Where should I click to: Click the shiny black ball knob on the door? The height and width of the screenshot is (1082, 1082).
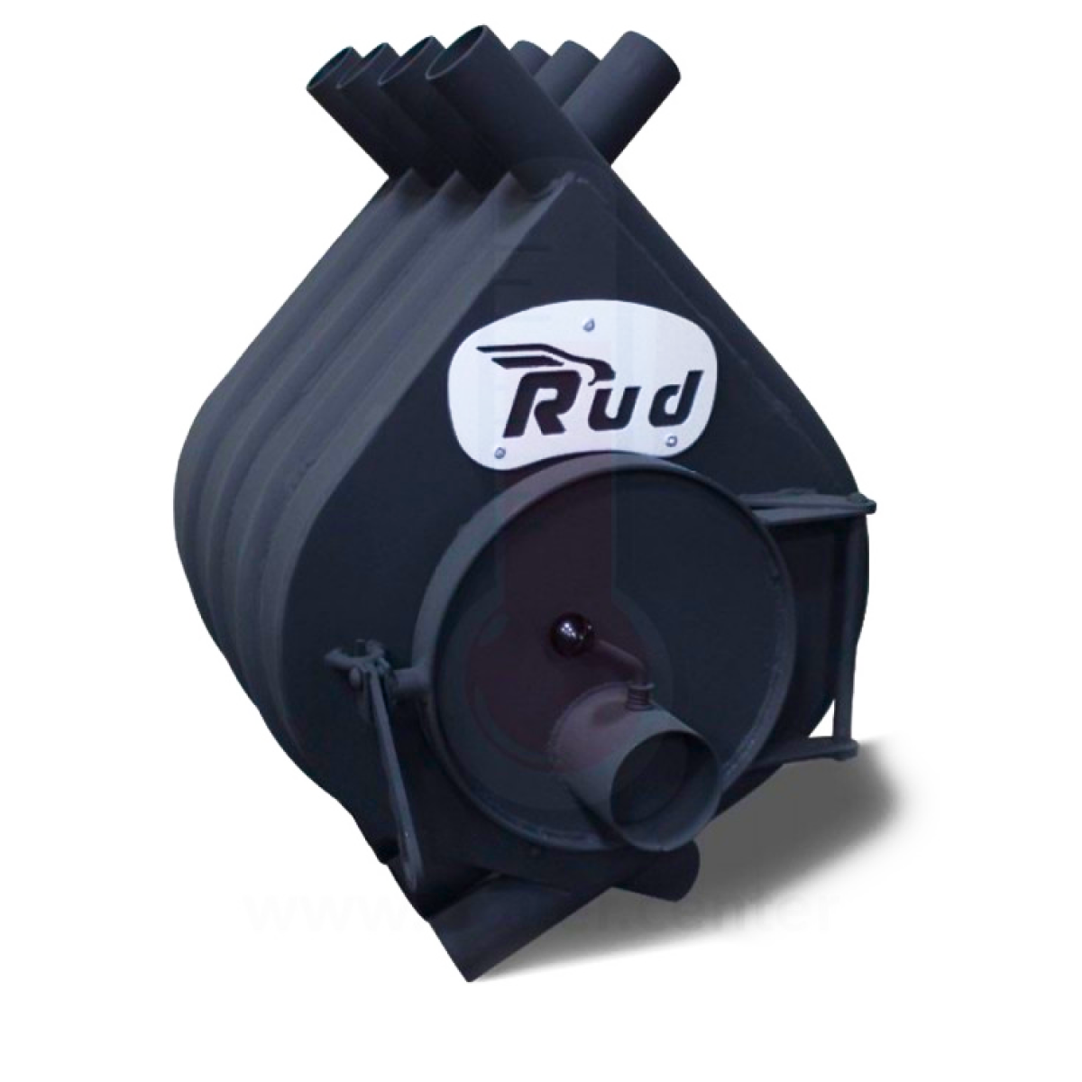(x=568, y=627)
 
